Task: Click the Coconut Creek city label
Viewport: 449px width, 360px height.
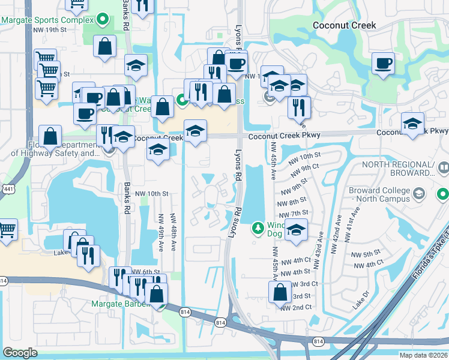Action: point(345,25)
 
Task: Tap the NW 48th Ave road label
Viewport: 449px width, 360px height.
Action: point(173,232)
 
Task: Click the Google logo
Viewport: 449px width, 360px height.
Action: point(20,353)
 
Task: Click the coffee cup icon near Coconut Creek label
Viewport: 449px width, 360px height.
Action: point(383,64)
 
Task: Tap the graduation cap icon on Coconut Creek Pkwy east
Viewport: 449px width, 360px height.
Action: point(412,123)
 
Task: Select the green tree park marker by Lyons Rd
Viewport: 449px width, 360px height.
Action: point(258,227)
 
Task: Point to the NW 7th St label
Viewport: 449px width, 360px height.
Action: point(298,213)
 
